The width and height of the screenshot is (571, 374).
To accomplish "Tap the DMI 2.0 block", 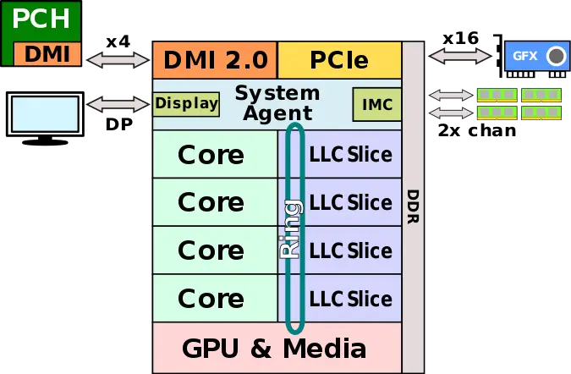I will coord(215,60).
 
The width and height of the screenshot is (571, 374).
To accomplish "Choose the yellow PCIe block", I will coord(338,60).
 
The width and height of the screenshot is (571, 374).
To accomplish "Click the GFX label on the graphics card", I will coord(524,57).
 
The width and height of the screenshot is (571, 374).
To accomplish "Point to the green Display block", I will coord(186,104).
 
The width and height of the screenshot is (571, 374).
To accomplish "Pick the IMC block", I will coord(376,104).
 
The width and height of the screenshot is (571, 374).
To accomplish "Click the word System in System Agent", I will coord(277,92).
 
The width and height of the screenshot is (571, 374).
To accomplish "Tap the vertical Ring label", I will coord(290,228).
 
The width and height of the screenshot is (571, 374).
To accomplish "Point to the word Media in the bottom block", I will coord(324,348).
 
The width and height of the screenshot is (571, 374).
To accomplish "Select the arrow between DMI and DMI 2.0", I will coord(118,60).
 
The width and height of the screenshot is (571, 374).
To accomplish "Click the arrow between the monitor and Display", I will coord(118,104).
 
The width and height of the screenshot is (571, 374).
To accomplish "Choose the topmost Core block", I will coord(211,155).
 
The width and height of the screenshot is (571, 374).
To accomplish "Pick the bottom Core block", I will coord(211,298).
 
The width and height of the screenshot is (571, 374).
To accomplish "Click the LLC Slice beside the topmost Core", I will coord(350,155).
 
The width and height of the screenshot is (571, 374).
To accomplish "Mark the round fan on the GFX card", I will coord(555,57).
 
